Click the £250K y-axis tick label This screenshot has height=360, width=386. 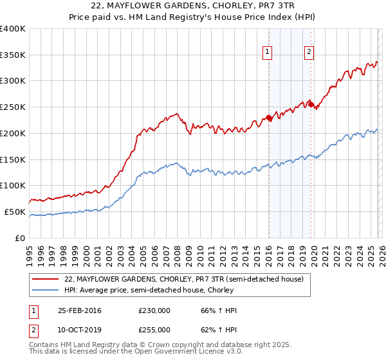13,107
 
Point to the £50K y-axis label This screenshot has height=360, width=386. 14,212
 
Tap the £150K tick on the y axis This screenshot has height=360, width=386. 13,159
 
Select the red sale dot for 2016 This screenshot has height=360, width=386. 269,118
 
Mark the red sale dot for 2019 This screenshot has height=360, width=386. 311,105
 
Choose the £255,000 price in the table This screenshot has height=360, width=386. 154,329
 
